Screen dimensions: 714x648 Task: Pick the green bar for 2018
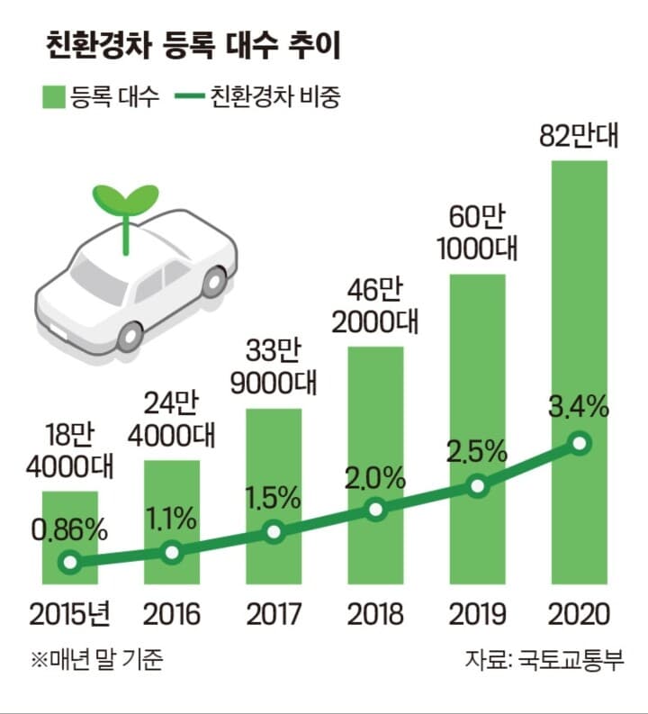tap(376, 432)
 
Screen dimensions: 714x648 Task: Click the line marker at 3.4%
tap(580, 444)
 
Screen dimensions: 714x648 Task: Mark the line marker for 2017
tap(274, 531)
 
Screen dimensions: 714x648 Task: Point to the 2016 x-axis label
tap(172, 615)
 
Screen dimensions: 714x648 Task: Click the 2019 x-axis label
tap(477, 615)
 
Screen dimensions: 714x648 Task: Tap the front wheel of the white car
tap(131, 337)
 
